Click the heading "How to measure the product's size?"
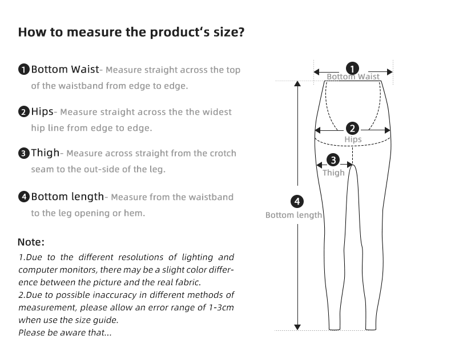pos(131,32)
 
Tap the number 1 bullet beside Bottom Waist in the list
pos(23,70)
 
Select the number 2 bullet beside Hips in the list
pos(23,112)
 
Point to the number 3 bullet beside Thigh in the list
pos(23,153)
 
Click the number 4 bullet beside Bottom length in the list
pos(23,197)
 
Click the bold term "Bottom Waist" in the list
pos(65,70)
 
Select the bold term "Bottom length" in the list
pos(67,197)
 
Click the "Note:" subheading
pos(31,242)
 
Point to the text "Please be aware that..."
pos(65,333)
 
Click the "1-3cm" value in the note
pos(221,307)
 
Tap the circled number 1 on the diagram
pos(353,69)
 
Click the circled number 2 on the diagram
pos(353,129)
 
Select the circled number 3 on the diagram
pos(334,161)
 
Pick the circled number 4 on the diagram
pos(297,201)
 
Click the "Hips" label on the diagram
pos(353,139)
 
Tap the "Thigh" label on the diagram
pos(334,173)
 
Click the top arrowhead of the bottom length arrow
pos(297,83)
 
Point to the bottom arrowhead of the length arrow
pos(297,327)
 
